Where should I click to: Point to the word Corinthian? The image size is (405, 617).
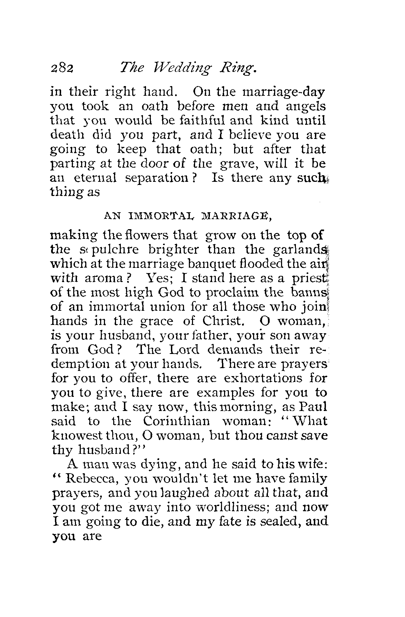coord(176,421)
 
